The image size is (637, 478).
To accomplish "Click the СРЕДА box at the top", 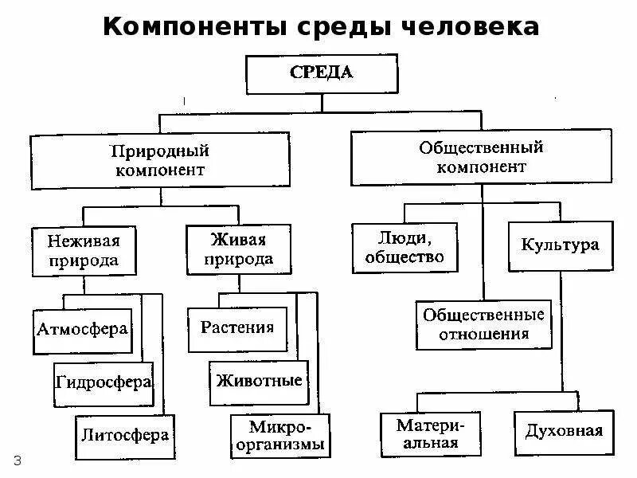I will coord(322,73).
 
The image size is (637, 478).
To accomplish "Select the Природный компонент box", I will coord(159,159).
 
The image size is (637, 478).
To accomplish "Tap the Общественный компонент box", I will coord(481,157).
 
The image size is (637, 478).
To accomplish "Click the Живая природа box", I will coord(238,249).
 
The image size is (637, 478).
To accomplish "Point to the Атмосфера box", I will coord(83,327).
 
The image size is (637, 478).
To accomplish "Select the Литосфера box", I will coord(124,435).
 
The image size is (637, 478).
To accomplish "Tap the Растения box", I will coord(237,327).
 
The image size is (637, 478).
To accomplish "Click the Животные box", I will coord(259,380).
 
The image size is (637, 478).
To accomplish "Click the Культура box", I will coord(560,245).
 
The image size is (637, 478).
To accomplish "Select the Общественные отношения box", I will coord(483,324).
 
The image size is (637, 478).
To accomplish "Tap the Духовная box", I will coord(564,432).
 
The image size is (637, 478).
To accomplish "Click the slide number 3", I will coord(17,460).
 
